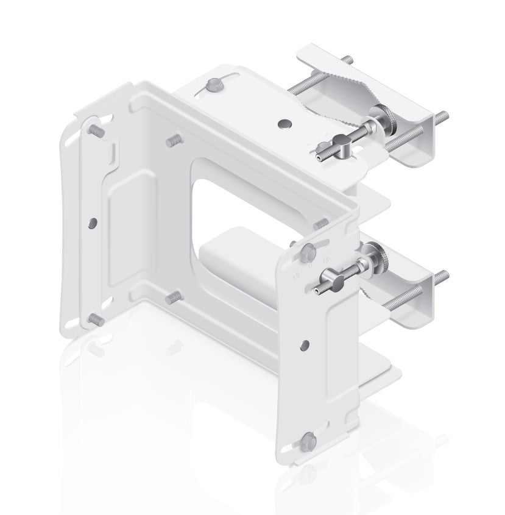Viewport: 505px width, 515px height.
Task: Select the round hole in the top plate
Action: (283, 124)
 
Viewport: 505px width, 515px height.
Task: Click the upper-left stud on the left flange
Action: (96, 130)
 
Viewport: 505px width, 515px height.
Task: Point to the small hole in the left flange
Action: (91, 221)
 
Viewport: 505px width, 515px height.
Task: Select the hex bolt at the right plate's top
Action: (308, 250)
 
